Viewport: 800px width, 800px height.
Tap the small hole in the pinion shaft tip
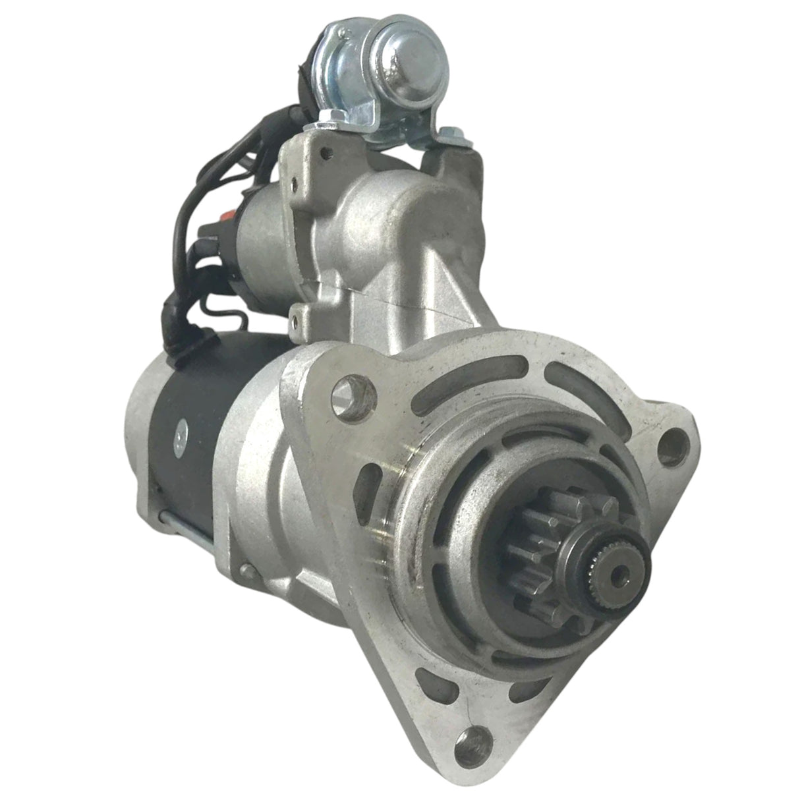(617, 575)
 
